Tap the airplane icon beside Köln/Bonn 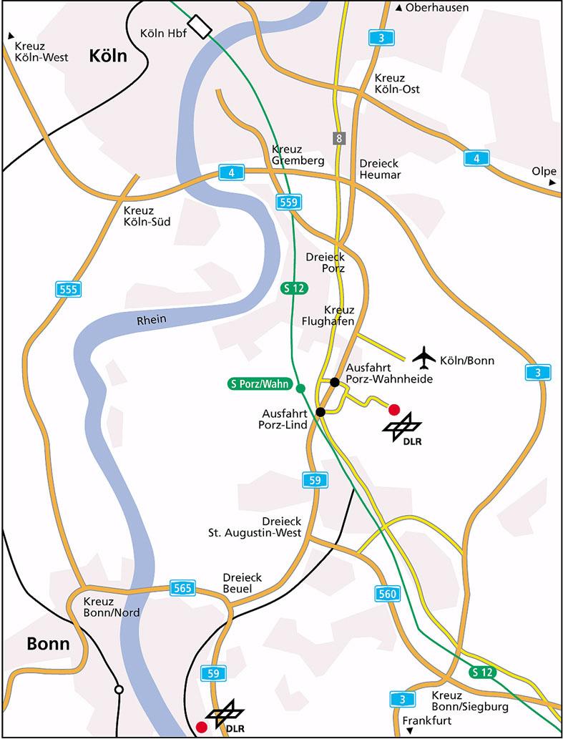click(424, 356)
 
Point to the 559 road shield click(288, 203)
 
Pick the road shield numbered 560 click(386, 592)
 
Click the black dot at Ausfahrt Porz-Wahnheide click(334, 382)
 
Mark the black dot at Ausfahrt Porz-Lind click(320, 411)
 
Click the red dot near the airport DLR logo click(393, 409)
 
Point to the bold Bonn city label click(48, 643)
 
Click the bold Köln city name click(107, 56)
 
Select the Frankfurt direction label click(428, 720)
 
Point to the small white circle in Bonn click(119, 690)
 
